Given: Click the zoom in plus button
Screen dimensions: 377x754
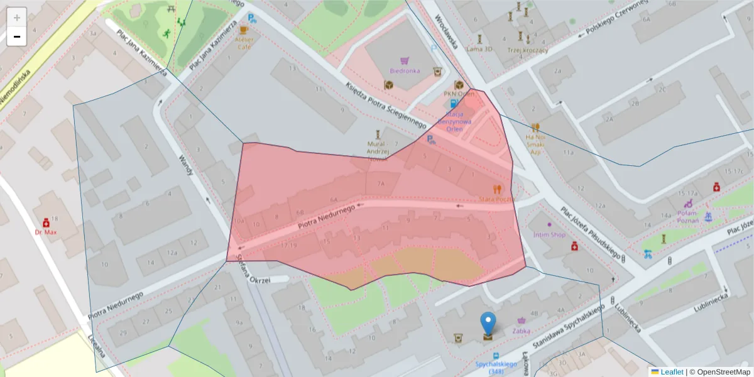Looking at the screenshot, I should (x=17, y=17).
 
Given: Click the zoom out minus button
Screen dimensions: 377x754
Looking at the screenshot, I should (x=17, y=36).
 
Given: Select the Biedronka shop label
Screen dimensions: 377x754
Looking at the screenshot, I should (x=405, y=70).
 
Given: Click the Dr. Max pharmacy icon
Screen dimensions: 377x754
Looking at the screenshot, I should (x=46, y=222).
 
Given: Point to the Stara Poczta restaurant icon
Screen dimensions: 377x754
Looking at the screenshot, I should (x=498, y=188).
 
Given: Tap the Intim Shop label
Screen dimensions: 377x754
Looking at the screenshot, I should (x=549, y=234).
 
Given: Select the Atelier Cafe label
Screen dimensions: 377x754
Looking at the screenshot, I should (x=244, y=42).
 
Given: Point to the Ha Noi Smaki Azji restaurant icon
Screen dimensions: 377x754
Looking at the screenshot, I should (x=535, y=128).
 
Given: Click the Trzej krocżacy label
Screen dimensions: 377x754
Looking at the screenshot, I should (x=528, y=50).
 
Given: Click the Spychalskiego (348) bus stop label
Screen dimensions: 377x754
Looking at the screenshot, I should (x=496, y=368).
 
